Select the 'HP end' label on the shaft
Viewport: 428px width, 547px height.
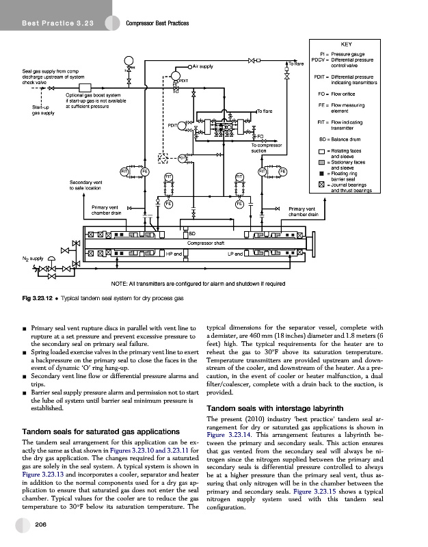174,254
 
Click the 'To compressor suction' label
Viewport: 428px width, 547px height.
267,148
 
